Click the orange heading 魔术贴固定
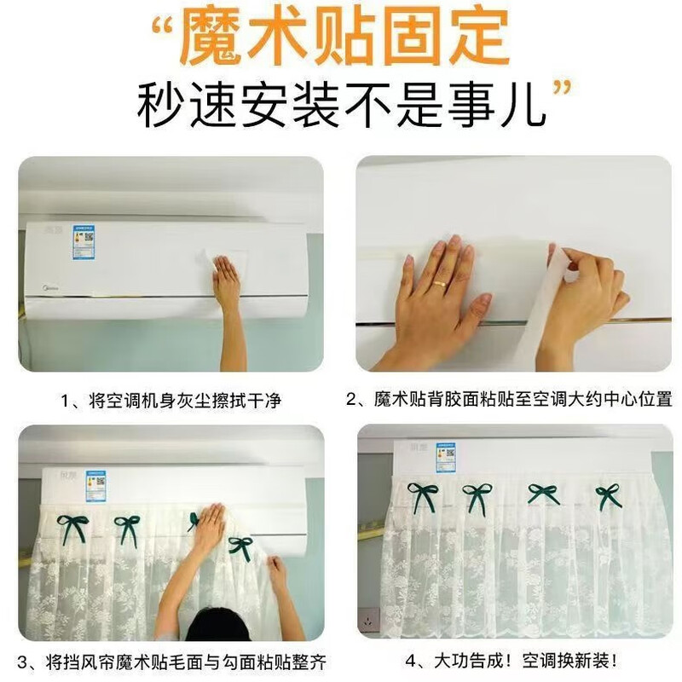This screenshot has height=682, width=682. coord(344,37)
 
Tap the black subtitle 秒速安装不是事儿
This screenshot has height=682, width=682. coord(342,105)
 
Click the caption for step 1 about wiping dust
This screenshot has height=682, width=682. coord(171,401)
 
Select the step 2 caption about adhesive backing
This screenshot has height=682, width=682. coord(509,399)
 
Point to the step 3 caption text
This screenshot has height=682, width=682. coord(171,662)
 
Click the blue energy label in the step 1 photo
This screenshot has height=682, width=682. coord(84,242)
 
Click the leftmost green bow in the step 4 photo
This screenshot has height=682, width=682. coord(422,494)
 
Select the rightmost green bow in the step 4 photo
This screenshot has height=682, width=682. coord(608,495)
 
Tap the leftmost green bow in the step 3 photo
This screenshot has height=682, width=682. coord(73,528)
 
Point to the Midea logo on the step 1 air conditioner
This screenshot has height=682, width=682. coord(51,287)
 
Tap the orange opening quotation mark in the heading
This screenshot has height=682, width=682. coord(164,27)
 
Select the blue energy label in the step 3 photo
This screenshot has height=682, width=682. coord(96,485)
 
